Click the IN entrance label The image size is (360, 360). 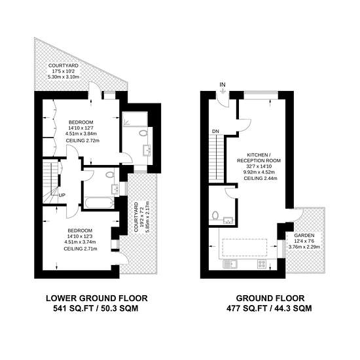(223, 84)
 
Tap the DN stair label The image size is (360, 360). (215, 132)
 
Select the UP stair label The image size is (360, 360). (62, 195)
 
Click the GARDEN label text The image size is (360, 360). (304, 236)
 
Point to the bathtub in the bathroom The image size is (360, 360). (99, 203)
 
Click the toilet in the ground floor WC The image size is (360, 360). (215, 215)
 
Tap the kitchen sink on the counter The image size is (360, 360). (230, 264)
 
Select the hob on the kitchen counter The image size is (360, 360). (262, 264)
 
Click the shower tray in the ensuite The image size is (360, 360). (135, 118)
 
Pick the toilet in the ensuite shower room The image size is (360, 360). (143, 133)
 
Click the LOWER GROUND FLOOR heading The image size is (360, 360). (97, 298)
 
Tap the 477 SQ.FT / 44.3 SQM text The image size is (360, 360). (269, 308)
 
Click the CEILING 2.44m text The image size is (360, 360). (261, 178)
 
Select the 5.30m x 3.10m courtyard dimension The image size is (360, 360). (63, 77)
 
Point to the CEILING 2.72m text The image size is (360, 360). (82, 141)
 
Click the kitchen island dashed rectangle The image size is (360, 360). (245, 247)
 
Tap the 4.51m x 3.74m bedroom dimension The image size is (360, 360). (80, 242)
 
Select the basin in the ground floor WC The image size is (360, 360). (228, 221)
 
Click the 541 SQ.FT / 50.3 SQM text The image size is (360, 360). (96, 308)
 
